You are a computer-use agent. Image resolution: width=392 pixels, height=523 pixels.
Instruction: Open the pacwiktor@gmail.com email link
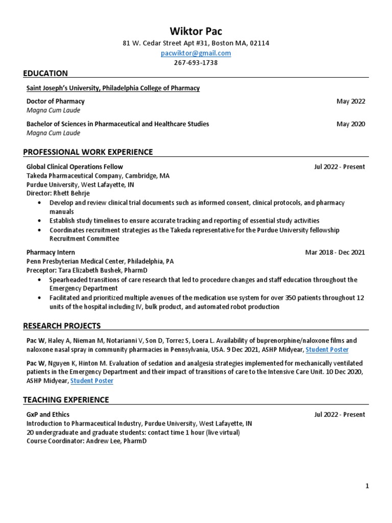tap(196, 53)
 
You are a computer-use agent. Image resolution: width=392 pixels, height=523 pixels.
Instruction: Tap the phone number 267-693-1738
tap(196, 63)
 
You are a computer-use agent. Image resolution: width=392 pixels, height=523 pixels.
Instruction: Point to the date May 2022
tap(351, 101)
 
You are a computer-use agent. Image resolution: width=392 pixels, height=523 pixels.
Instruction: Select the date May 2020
tap(351, 124)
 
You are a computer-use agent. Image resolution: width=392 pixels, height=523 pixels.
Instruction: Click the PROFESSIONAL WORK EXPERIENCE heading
tap(88, 152)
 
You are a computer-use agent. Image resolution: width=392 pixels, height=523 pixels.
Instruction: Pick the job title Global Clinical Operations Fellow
tap(75, 167)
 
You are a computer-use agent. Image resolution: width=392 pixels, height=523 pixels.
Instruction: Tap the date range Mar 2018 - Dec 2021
tap(335, 252)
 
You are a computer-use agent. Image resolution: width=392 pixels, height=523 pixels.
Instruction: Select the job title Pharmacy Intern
tap(51, 252)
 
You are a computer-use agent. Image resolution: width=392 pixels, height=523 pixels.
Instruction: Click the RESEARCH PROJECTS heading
tap(62, 326)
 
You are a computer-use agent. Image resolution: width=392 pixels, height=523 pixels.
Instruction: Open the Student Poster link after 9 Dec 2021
tap(327, 349)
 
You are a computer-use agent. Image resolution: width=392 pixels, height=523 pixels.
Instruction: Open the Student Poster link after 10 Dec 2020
tap(92, 381)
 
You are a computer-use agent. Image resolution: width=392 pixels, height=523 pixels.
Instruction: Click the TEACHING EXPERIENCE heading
tap(66, 399)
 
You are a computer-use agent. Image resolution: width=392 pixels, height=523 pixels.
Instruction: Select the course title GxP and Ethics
tap(48, 415)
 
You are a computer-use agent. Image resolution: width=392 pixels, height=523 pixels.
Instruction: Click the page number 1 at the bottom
tap(367, 486)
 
